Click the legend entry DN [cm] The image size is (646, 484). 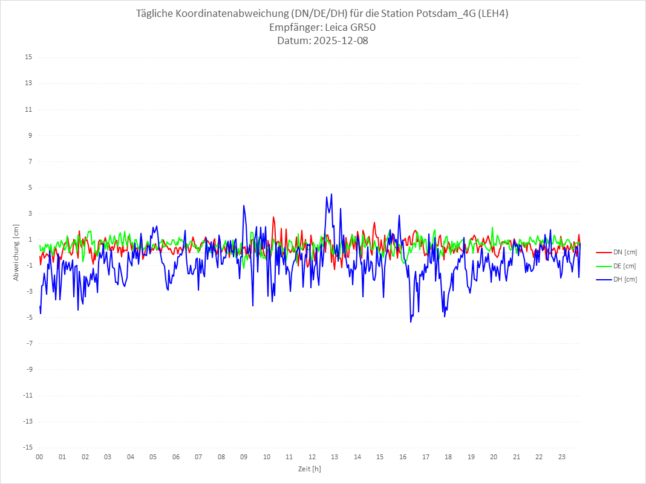(x=624, y=253)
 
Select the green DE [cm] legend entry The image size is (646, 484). (x=624, y=266)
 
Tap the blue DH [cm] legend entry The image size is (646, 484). (x=624, y=279)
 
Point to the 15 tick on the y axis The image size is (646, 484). (x=28, y=57)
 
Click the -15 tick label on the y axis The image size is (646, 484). (x=27, y=447)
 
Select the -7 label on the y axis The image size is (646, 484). (x=28, y=343)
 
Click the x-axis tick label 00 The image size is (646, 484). (x=39, y=457)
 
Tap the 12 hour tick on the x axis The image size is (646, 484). (x=312, y=457)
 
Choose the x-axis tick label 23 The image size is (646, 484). (x=562, y=457)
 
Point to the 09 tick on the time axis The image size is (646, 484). (x=244, y=457)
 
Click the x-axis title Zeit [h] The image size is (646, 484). (x=309, y=469)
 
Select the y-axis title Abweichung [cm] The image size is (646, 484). (x=16, y=252)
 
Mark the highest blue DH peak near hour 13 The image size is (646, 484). (x=331, y=194)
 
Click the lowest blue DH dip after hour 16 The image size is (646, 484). (x=411, y=321)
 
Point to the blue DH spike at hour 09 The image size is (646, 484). (x=244, y=205)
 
